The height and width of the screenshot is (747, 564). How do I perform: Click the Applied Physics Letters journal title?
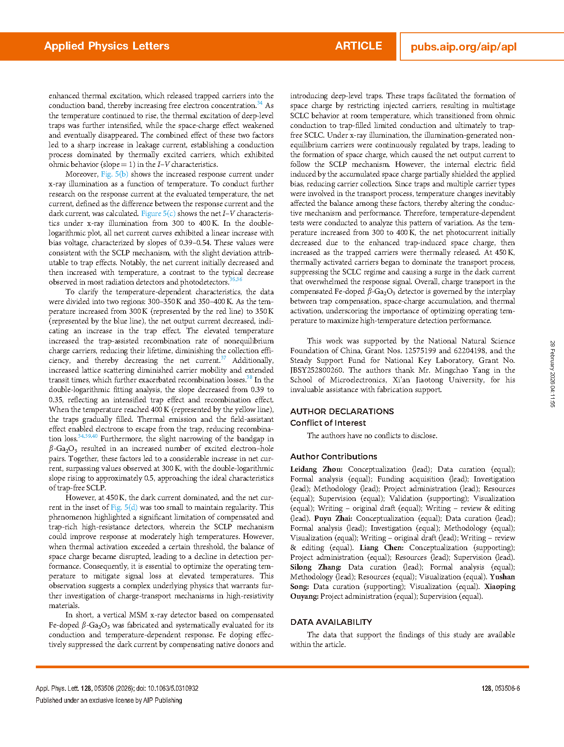tap(107, 46)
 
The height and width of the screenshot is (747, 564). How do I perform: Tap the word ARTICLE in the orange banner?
tap(358, 46)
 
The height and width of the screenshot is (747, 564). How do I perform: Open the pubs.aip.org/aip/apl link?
tap(463, 47)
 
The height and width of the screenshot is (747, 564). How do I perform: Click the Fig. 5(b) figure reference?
tap(115, 174)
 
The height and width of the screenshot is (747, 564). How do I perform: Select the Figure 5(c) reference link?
tap(158, 213)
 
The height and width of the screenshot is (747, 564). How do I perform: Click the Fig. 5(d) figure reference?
tap(124, 508)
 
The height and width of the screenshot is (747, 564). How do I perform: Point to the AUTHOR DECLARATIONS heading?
tap(342, 412)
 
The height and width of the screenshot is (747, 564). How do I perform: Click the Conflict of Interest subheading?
tap(328, 423)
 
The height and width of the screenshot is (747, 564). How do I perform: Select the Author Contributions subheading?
tap(334, 457)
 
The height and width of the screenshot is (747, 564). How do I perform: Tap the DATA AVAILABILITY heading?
tap(331, 622)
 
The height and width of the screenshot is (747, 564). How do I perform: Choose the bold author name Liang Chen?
tap(381, 548)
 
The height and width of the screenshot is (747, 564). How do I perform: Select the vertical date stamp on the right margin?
tap(552, 374)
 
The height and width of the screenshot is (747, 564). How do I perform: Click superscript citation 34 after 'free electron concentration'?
tap(260, 104)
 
